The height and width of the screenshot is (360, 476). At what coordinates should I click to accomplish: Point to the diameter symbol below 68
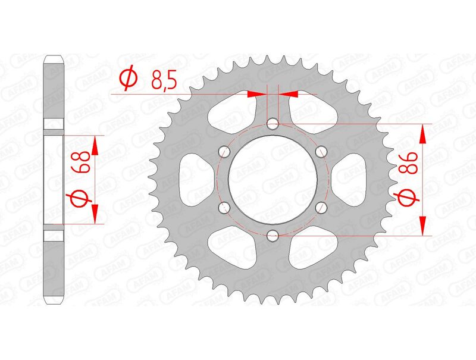(84, 199)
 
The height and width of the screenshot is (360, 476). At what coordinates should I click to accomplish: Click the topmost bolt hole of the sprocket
(273, 124)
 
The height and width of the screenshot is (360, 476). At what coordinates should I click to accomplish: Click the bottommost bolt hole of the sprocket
(273, 236)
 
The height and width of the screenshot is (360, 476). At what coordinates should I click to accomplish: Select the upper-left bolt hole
(224, 152)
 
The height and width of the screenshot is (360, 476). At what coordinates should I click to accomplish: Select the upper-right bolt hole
(321, 152)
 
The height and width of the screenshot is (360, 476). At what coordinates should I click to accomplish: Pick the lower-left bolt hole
(224, 208)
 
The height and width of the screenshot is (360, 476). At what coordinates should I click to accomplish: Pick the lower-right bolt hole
(321, 208)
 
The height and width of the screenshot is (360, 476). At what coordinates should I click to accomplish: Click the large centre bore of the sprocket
(273, 180)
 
